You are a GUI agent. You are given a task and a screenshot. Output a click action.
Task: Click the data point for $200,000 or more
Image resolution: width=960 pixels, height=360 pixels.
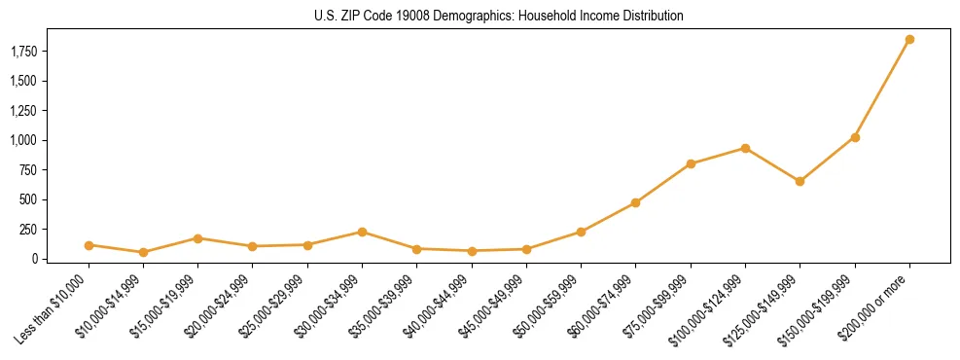pos(909,40)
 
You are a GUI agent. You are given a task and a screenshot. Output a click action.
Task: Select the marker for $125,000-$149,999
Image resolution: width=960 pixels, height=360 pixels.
pos(800,181)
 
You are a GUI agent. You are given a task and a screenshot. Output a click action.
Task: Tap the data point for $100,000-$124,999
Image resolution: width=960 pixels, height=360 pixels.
pos(745,148)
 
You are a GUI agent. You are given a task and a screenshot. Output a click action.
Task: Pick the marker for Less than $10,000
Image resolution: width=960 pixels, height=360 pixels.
pos(89,245)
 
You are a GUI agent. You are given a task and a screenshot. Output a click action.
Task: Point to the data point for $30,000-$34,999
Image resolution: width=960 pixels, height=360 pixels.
pos(362,232)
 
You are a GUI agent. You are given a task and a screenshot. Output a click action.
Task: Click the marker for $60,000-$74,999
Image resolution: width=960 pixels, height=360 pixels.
pos(635,202)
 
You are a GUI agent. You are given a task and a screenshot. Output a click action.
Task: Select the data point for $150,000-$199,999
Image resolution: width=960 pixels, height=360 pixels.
pos(855,137)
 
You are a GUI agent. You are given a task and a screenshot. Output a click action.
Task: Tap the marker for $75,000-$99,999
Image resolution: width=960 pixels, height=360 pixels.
pos(691,163)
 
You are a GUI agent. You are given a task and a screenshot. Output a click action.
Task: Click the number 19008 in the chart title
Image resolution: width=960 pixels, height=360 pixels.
pos(411,17)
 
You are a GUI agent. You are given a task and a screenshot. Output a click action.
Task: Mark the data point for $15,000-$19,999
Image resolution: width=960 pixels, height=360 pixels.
pos(197,238)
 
